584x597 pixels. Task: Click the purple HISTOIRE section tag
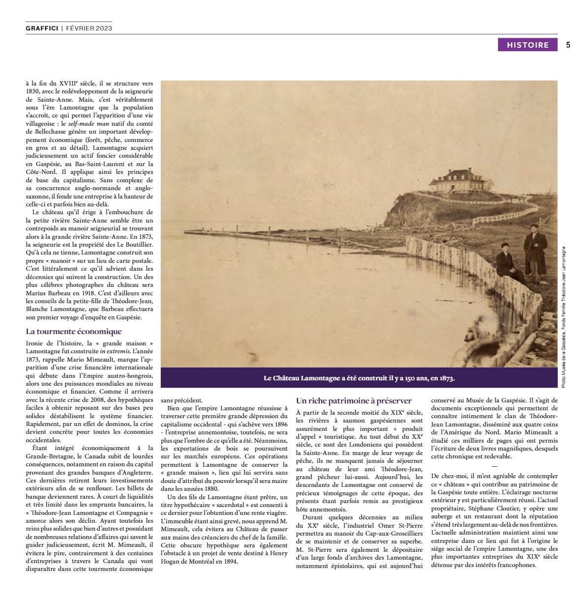click(527, 45)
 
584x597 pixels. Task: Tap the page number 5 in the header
click(568, 45)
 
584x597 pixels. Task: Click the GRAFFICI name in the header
click(42, 28)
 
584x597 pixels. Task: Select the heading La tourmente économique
click(74, 332)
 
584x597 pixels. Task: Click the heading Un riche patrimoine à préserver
click(353, 401)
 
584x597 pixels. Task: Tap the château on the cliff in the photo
click(455, 180)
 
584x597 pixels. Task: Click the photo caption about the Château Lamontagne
click(359, 378)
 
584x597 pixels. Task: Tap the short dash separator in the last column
click(494, 466)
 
